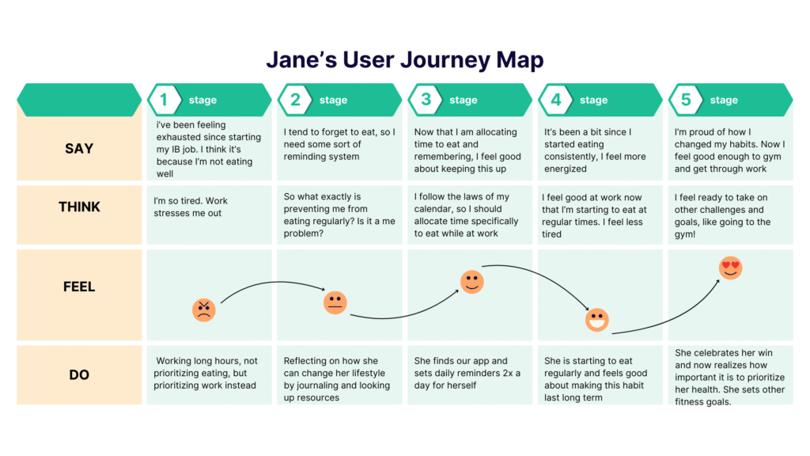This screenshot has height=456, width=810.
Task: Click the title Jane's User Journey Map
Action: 404,60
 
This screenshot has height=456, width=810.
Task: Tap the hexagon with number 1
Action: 165,100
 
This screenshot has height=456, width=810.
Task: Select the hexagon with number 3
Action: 426,100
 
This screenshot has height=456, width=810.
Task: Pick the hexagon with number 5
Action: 686,100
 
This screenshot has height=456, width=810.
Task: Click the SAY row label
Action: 79,148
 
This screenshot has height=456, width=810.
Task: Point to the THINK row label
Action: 79,207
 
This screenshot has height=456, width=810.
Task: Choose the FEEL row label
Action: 79,287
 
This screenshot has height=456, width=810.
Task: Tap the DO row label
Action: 79,374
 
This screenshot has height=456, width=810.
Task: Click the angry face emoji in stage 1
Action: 204,310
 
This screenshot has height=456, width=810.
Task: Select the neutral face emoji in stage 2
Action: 335,302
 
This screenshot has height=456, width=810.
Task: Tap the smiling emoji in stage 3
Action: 472,282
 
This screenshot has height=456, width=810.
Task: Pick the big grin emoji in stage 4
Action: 597,321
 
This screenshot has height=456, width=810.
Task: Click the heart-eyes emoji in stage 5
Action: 730,268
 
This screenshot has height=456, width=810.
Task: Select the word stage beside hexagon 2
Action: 333,101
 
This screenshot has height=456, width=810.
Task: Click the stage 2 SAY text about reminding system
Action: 339,144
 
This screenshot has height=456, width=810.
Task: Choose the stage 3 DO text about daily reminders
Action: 467,373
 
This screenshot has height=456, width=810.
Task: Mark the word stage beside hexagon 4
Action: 593,101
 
